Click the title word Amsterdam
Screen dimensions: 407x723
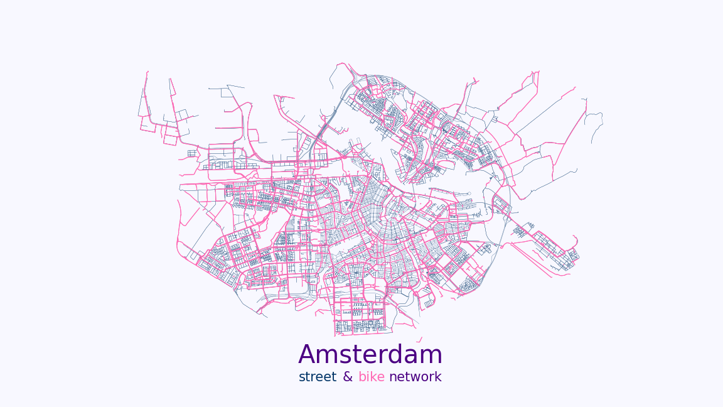(370, 355)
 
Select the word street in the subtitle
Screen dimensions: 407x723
(318, 377)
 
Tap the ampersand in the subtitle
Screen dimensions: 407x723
(348, 377)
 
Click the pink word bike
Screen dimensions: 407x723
(372, 377)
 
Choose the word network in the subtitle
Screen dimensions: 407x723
(415, 377)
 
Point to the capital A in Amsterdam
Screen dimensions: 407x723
(308, 355)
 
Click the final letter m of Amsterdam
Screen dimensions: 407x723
(432, 356)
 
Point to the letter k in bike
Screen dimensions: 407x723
(373, 377)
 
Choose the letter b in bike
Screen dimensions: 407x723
(362, 377)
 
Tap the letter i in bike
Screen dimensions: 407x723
(368, 377)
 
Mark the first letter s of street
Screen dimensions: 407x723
(302, 377)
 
